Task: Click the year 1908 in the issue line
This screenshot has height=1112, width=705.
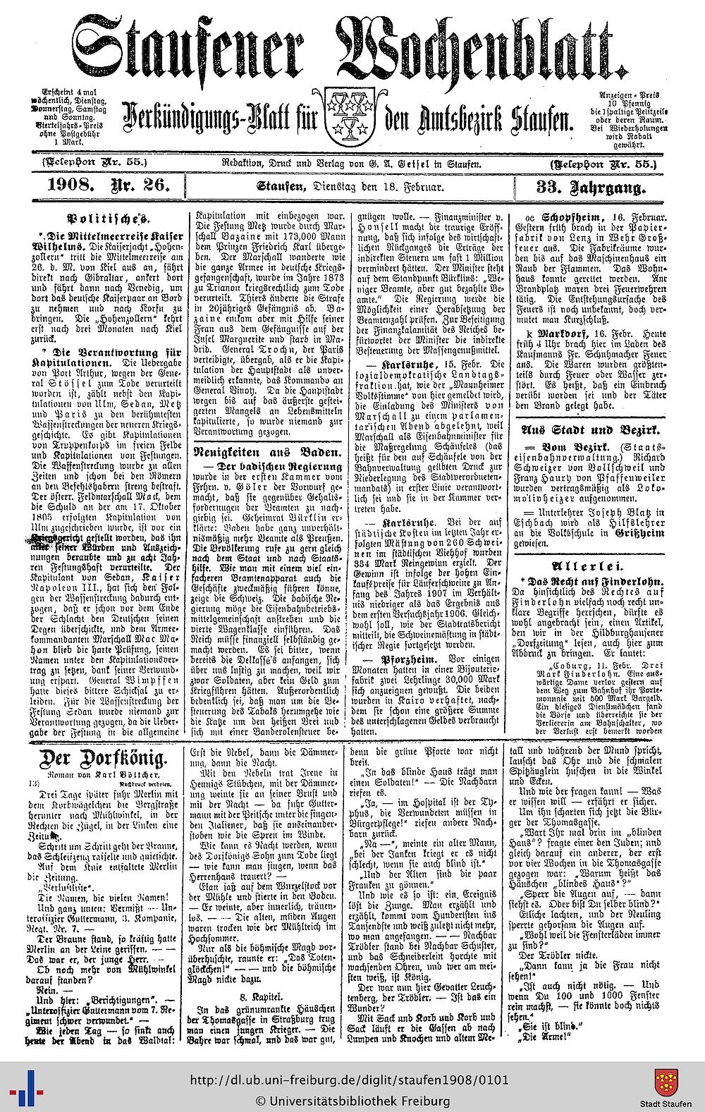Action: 69,188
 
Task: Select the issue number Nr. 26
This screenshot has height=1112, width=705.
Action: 139,188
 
